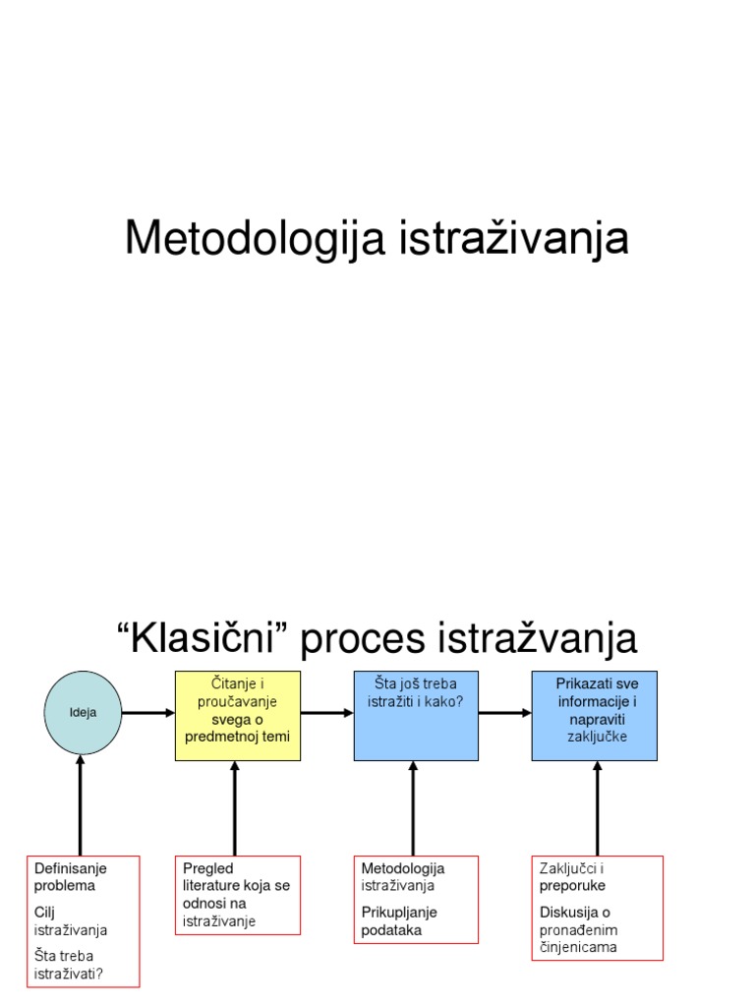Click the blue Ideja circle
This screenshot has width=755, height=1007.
pyautogui.click(x=84, y=713)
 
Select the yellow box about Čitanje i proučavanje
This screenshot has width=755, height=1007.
pyautogui.click(x=238, y=716)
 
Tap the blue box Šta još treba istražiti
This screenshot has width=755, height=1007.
pyautogui.click(x=416, y=716)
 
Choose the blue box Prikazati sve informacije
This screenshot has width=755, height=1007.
pyautogui.click(x=595, y=716)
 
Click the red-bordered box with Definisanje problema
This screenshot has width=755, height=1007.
pyautogui.click(x=83, y=921)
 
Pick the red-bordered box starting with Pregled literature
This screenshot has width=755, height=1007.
pyautogui.click(x=238, y=895)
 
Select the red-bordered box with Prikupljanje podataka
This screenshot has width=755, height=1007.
pyautogui.click(x=416, y=900)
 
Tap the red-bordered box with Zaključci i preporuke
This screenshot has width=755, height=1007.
pyautogui.click(x=598, y=908)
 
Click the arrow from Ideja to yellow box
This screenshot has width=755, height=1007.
pyautogui.click(x=148, y=713)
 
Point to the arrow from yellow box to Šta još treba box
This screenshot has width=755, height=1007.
pyautogui.click(x=327, y=713)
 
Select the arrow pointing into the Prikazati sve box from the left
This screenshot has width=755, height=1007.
pyautogui.click(x=505, y=713)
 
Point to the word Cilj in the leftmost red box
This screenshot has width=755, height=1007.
pyautogui.click(x=46, y=912)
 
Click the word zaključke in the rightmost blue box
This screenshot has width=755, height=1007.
pyautogui.click(x=597, y=737)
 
